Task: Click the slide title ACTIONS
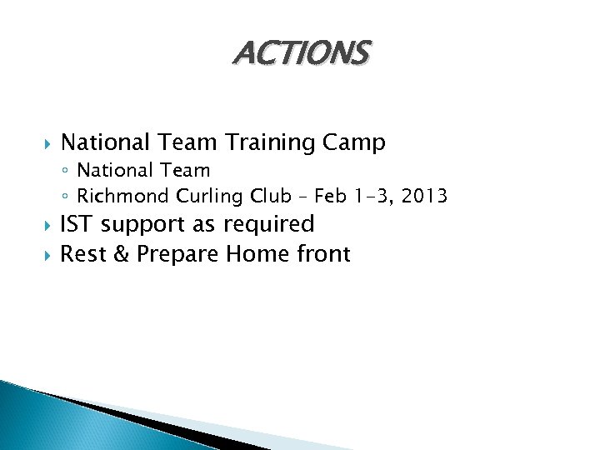click(x=300, y=53)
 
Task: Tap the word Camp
click(x=356, y=143)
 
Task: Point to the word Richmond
click(x=123, y=197)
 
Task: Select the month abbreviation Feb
click(x=332, y=197)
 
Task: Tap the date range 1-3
click(x=373, y=197)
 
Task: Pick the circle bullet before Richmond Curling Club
click(x=67, y=197)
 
